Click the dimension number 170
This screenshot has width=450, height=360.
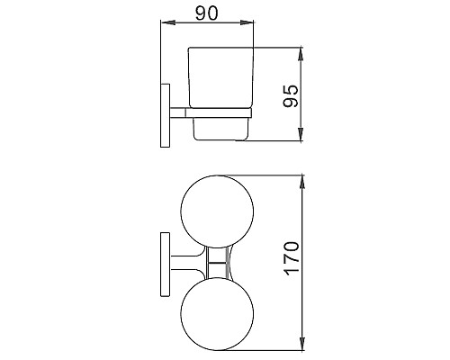click(290, 260)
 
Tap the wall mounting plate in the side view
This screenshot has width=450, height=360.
click(165, 113)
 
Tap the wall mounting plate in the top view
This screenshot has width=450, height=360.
click(165, 264)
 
